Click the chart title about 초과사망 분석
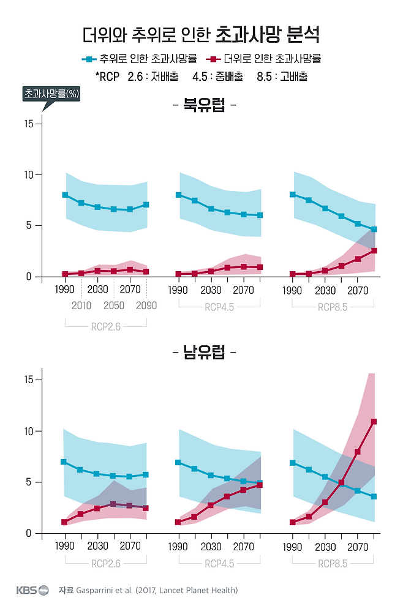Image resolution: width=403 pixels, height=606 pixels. point(201,34)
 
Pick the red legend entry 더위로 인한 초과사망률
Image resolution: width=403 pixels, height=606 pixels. point(265,59)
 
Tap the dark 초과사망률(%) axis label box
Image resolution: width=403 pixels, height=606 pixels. point(52,94)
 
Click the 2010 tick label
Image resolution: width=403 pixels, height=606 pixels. point(81,305)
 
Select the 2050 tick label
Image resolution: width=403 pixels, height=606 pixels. point(114,305)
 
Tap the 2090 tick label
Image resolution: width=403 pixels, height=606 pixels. point(146,305)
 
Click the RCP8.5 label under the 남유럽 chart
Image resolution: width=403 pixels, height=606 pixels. point(333,563)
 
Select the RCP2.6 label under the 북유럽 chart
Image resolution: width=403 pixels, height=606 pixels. point(106,326)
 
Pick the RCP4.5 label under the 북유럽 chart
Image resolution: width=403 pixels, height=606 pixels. point(219,307)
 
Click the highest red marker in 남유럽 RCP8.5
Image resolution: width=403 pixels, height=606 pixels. point(374,422)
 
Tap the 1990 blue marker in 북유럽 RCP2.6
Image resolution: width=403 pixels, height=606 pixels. point(65,195)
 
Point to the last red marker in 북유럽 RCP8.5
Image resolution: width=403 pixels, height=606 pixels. point(374,250)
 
